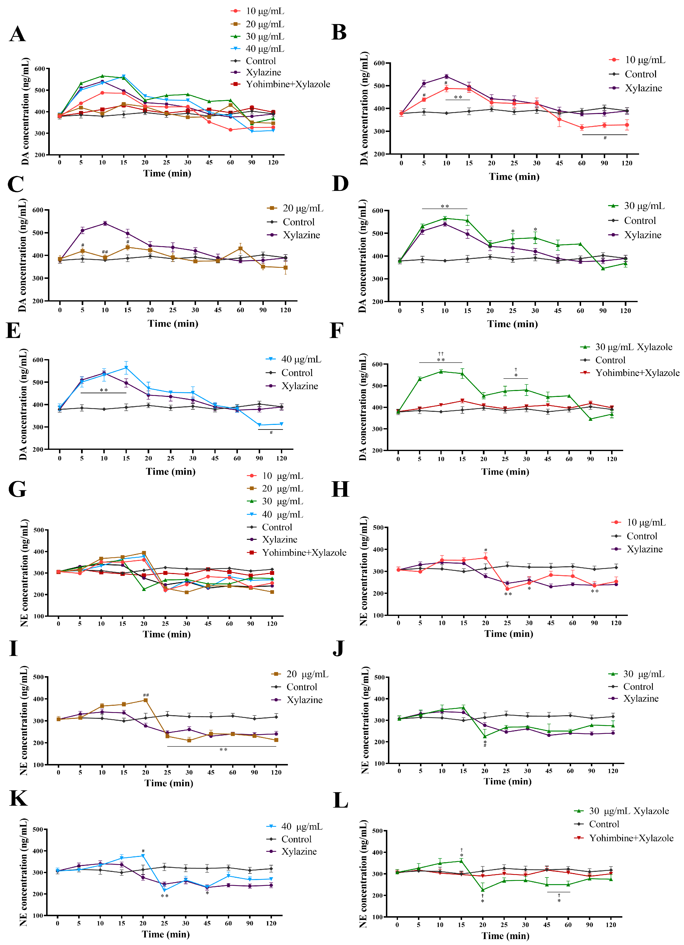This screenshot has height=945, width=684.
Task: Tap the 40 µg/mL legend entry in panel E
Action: click(294, 359)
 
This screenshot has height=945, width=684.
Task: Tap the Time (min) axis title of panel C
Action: click(173, 324)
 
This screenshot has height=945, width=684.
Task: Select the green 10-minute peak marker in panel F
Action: click(441, 371)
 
